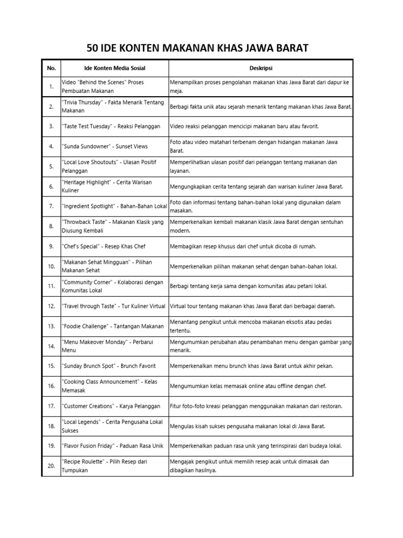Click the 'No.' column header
coord(51,68)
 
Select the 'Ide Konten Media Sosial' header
coord(114,68)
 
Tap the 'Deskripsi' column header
coord(261,68)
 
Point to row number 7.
coord(51,206)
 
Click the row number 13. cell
coord(51,326)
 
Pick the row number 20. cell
coord(51,466)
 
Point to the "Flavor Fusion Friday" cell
coord(112,446)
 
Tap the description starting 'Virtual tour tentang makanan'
coord(252,306)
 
